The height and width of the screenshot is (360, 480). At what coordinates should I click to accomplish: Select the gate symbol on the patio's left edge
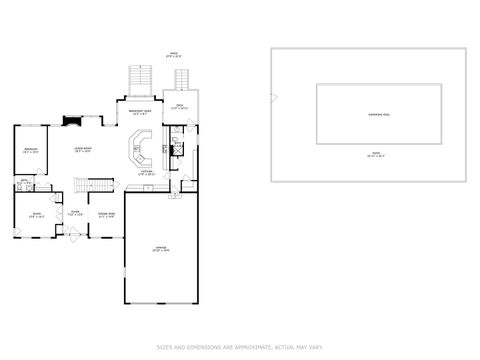(273, 98)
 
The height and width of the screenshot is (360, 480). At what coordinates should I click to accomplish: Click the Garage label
(161, 248)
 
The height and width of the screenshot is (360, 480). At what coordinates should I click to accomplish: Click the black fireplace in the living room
(70, 122)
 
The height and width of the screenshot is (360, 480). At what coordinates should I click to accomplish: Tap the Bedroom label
(31, 151)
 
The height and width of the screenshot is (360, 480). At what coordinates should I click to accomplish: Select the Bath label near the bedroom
(24, 182)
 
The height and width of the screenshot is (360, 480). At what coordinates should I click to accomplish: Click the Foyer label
(75, 212)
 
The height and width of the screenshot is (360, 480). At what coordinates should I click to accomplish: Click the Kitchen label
(146, 173)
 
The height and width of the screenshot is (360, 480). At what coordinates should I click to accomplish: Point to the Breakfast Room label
(140, 111)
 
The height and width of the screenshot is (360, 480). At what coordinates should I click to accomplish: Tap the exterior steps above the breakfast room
(140, 78)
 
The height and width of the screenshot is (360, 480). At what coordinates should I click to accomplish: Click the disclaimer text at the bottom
(240, 347)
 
